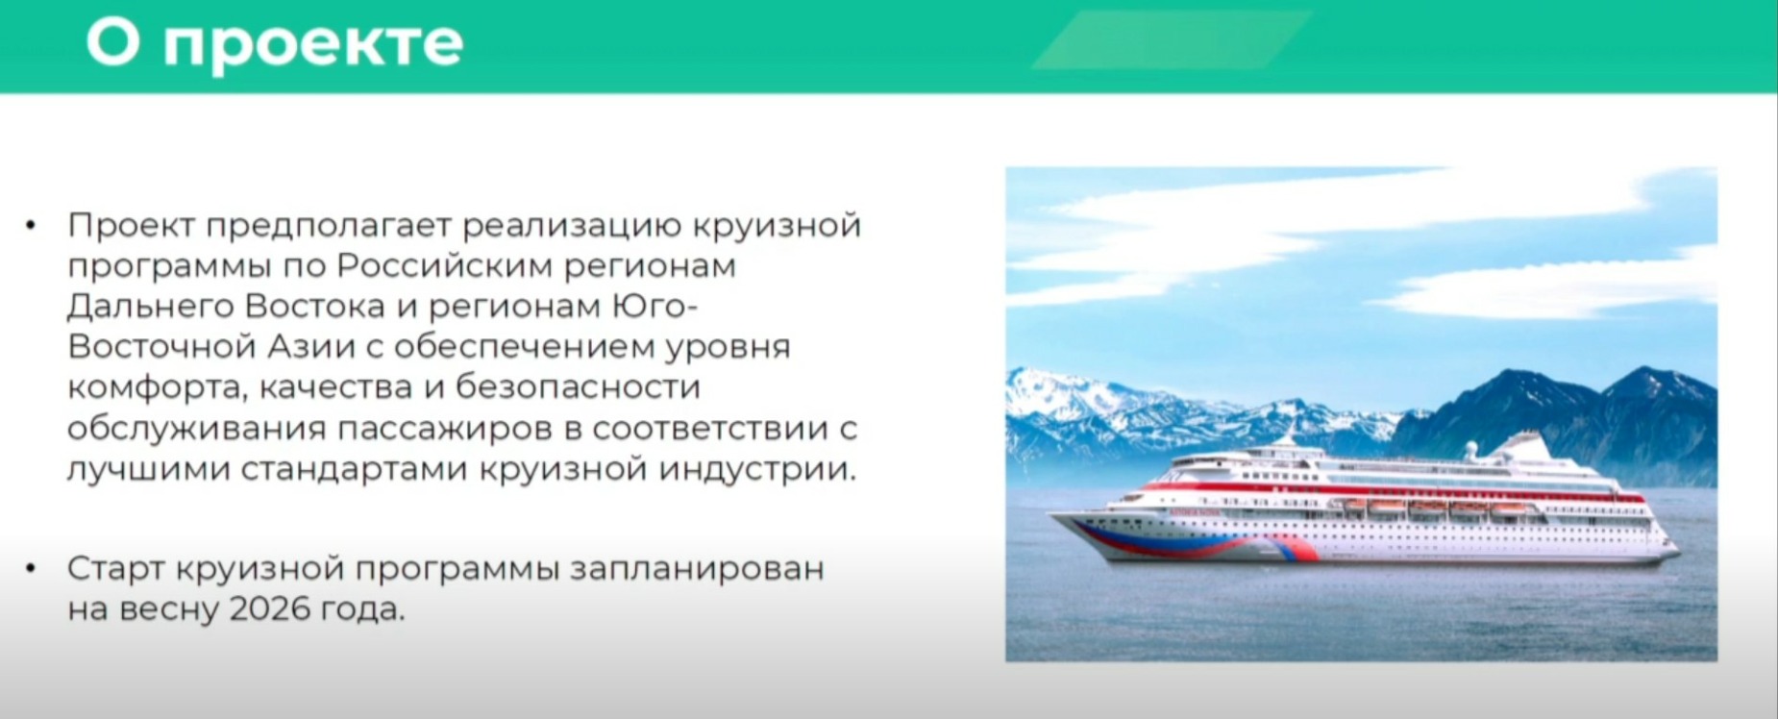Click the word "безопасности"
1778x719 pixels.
[578, 387]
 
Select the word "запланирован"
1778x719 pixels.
[697, 570]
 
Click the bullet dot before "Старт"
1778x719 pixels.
[32, 569]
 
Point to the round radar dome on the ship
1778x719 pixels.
[1470, 448]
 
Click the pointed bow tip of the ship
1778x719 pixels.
[1050, 515]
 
